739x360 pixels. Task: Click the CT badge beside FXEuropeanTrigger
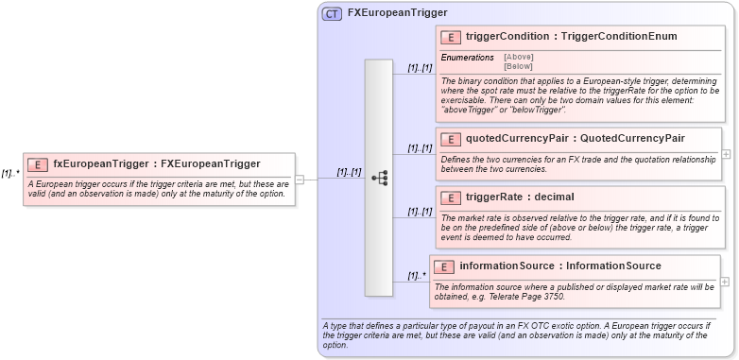point(333,13)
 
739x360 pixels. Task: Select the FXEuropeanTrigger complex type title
point(397,13)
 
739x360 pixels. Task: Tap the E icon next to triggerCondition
point(452,37)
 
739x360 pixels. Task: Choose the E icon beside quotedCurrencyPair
point(452,139)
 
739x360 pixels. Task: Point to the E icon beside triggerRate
point(452,197)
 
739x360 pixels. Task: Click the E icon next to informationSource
point(446,266)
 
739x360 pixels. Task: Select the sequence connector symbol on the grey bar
point(379,177)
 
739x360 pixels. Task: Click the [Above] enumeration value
point(519,57)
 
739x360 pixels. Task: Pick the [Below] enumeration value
point(518,66)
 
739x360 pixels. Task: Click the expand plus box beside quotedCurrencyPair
point(726,153)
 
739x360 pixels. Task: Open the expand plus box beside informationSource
point(725,282)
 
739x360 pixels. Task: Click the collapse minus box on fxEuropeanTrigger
point(299,178)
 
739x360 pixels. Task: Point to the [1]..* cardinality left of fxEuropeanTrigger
point(10,173)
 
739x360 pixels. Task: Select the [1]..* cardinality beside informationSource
point(417,276)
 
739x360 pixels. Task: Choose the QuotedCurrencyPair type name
point(632,139)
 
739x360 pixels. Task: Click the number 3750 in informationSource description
point(553,297)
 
